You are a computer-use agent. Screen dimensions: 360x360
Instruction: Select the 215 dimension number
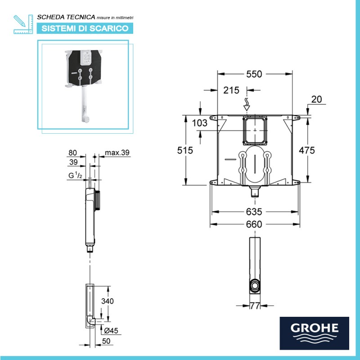[231, 90]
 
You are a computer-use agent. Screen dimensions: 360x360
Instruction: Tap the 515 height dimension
[184, 151]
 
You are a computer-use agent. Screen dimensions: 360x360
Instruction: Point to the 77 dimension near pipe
[256, 306]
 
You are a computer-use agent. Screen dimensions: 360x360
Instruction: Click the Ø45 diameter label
[110, 331]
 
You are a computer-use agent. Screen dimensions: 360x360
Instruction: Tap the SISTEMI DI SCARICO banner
[85, 28]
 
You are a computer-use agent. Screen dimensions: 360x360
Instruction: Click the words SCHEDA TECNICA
[66, 17]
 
